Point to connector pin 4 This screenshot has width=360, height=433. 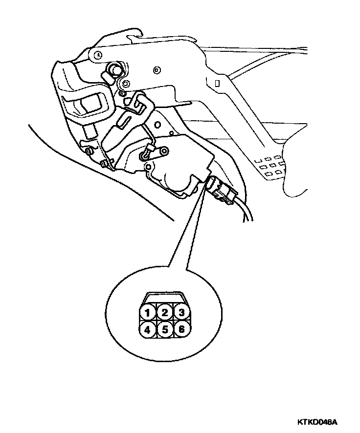click(x=146, y=329)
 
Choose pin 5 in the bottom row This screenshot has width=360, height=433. click(x=164, y=329)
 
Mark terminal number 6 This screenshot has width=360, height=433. click(x=181, y=329)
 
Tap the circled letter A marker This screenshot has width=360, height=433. click(x=98, y=55)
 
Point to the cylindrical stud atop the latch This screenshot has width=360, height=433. click(x=115, y=69)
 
